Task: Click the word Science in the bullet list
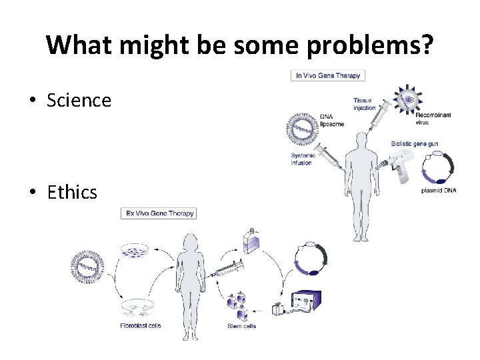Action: (79, 100)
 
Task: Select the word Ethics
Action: (72, 192)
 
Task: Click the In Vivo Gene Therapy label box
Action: (328, 75)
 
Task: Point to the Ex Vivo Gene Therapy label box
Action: (159, 213)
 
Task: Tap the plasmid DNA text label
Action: (439, 190)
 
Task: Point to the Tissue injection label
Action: (365, 104)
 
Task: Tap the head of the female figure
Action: (191, 243)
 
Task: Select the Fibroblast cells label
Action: (141, 326)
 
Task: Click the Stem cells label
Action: (241, 326)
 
